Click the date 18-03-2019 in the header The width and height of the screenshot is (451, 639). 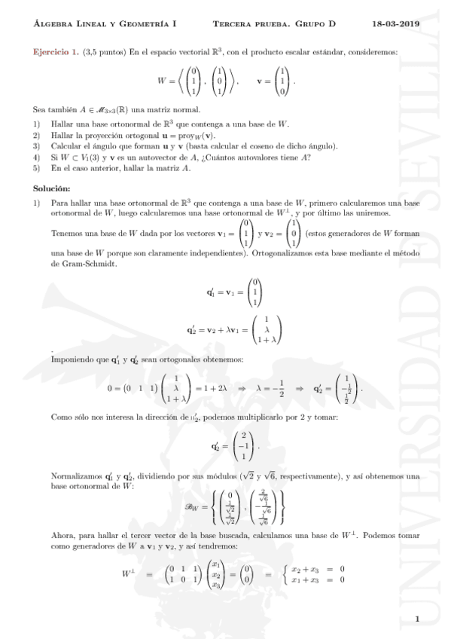coord(396,24)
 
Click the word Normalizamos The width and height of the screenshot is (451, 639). coord(74,476)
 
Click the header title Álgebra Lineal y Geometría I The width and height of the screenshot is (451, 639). coord(105,24)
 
